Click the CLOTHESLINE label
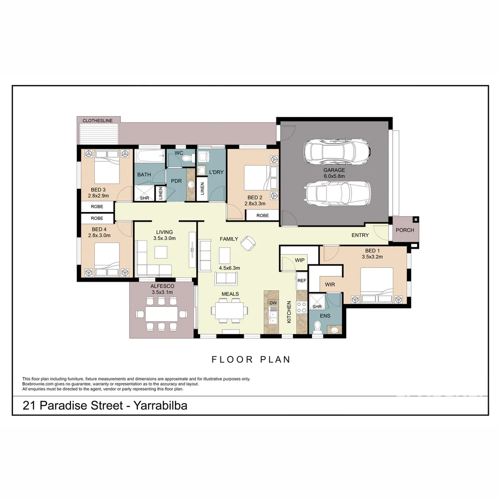pos(98,121)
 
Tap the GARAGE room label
pos(334,170)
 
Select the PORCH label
pos(405,230)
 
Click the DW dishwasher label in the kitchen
pos(273,303)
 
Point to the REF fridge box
pos(302,281)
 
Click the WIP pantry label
pos(300,260)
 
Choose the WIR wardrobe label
pos(330,285)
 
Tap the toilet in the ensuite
pos(317,328)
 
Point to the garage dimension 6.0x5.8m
pos(334,176)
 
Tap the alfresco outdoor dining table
pos(162,314)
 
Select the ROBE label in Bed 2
pos(262,215)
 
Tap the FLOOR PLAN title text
pos(251,359)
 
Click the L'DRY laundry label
pos(216,172)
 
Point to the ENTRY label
pos(360,235)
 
